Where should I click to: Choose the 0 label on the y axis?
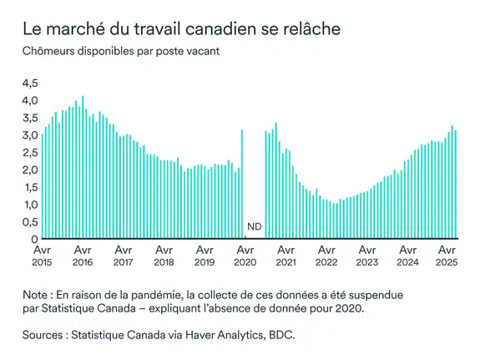34,240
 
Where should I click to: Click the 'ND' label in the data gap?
254,227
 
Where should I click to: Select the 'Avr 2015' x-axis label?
42,255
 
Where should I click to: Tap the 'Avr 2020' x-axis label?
244,255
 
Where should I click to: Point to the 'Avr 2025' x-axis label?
447,255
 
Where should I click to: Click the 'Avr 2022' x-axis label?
325,255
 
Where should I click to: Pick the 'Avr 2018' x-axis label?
163,255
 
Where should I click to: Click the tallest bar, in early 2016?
82,167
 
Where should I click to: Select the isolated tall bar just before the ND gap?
242,184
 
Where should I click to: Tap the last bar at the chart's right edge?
455,184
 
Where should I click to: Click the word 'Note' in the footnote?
38,295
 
